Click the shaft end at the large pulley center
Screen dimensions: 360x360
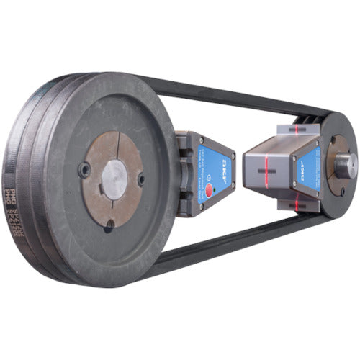tap(113, 174)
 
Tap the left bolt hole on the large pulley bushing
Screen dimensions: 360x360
tap(86, 170)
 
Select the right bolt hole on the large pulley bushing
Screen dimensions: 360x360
tap(141, 178)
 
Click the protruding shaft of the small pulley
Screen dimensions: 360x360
tap(345, 165)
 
